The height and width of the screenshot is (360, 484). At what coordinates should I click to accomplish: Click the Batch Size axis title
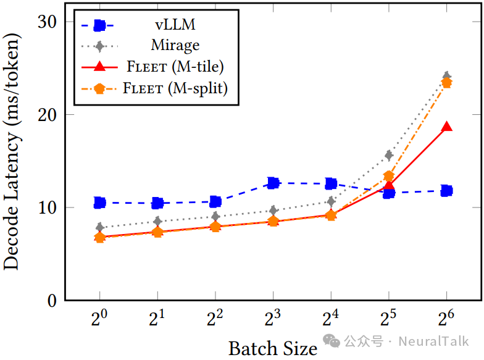click(272, 348)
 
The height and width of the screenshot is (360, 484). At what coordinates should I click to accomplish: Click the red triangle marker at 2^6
click(446, 127)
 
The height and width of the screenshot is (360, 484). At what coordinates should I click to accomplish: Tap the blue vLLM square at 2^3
click(273, 183)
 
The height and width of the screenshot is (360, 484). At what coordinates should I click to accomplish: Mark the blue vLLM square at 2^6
click(446, 191)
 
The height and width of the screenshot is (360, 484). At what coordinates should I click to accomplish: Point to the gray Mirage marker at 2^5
click(389, 155)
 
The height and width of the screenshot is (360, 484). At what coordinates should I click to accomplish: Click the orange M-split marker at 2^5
click(389, 176)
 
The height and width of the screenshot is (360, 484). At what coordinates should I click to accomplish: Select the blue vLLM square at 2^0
click(100, 203)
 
